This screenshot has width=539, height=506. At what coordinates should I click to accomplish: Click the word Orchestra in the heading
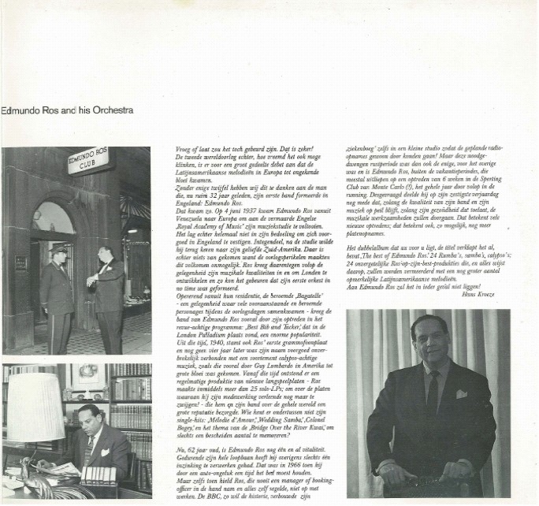click(113, 110)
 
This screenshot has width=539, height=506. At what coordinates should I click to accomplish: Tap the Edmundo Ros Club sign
click(88, 160)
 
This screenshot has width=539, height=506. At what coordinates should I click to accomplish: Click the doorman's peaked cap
click(59, 247)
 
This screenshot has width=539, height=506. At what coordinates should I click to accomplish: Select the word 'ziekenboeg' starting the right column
click(364, 149)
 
